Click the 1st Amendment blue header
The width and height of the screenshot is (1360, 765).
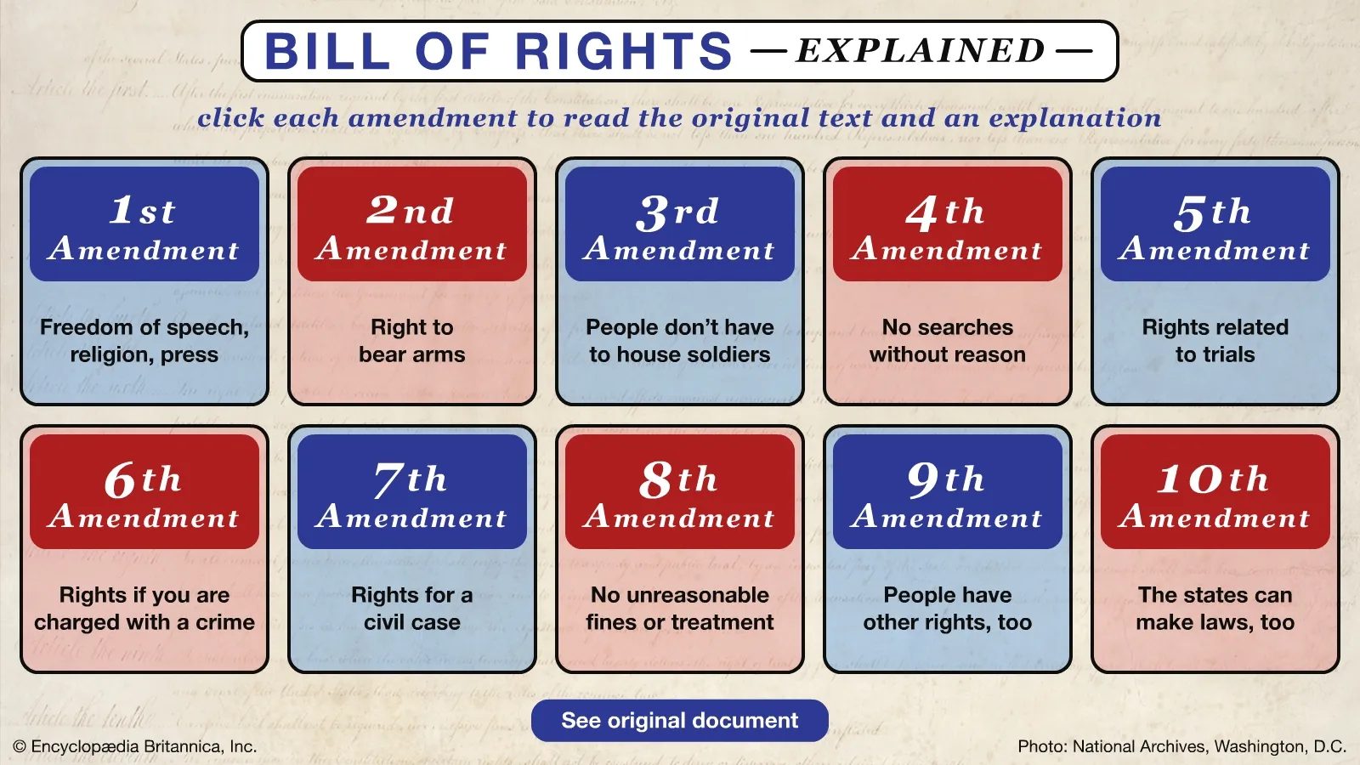144,224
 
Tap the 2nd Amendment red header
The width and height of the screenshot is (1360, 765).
412,224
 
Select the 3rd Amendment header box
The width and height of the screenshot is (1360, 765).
680,224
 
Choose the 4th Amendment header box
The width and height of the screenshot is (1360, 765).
948,224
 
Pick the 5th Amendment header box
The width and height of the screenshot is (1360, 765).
1215,224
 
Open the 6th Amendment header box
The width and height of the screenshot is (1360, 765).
144,492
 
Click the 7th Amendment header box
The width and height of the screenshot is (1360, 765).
412,492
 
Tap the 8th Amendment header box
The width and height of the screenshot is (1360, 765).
680,492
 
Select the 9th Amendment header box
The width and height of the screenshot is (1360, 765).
948,492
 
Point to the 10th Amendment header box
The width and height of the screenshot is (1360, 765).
1215,492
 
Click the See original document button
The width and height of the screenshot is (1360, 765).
680,721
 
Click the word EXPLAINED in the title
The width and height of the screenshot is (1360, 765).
921,50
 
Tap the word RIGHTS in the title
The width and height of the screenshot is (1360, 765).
624,51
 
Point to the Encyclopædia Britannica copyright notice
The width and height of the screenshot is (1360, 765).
135,746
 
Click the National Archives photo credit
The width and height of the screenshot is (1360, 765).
1182,747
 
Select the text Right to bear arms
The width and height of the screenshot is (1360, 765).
412,341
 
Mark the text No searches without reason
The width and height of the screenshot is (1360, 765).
948,341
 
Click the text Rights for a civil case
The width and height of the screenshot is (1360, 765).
412,609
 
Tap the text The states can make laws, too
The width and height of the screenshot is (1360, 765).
1215,609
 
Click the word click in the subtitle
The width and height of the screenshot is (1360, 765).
230,118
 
